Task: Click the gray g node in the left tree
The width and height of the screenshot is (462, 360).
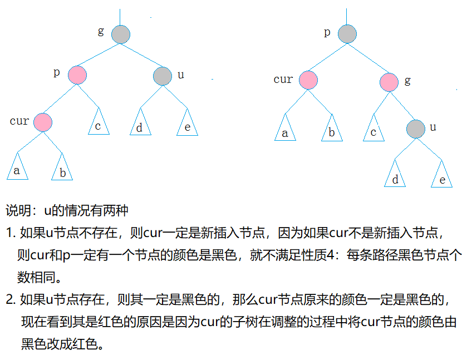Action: pyautogui.click(x=121, y=34)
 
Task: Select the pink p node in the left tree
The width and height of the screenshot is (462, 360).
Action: pyautogui.click(x=77, y=75)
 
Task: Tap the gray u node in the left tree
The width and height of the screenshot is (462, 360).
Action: pyautogui.click(x=162, y=75)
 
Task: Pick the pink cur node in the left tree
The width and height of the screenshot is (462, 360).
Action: pyautogui.click(x=42, y=121)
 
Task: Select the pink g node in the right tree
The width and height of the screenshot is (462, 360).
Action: pyautogui.click(x=390, y=82)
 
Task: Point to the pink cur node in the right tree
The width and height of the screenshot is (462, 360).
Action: pyautogui.click(x=308, y=80)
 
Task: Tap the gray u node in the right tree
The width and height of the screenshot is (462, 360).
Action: pyautogui.click(x=415, y=129)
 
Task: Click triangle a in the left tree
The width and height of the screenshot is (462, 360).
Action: pyautogui.click(x=17, y=168)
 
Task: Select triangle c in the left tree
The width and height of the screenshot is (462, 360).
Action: pyautogui.click(x=98, y=124)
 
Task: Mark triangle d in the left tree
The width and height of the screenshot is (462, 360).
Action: pyautogui.click(x=140, y=125)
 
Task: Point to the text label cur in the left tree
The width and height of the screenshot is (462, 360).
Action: pyautogui.click(x=19, y=121)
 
